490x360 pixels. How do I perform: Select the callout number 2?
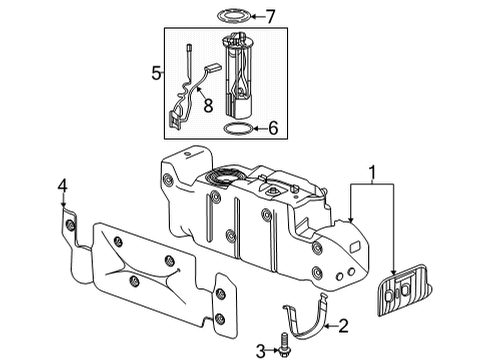(x=342, y=325)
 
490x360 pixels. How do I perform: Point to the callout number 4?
(x=62, y=186)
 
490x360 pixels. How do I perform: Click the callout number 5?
(x=155, y=72)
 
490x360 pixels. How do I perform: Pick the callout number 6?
(x=272, y=128)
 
